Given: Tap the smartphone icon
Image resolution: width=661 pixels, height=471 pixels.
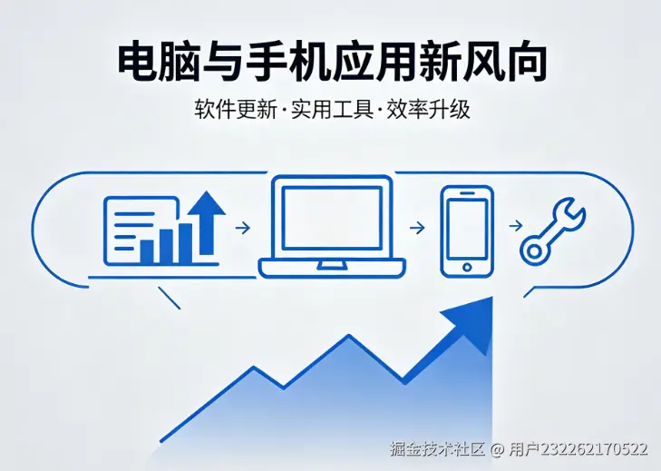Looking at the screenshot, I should point(467,231).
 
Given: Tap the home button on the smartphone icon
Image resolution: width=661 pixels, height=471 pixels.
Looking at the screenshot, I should point(467,267).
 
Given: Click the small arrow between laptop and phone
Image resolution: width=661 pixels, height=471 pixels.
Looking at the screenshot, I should point(418,228).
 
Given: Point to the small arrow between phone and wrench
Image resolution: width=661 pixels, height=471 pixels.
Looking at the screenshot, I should point(515,227).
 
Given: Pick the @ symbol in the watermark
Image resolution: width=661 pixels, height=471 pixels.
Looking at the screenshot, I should point(497,449).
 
